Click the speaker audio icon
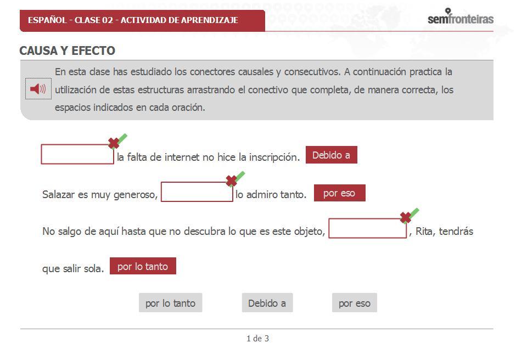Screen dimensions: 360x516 38,89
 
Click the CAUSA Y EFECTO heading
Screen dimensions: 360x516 67,51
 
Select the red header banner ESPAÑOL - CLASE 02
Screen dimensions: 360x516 142,20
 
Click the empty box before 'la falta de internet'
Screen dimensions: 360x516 77,154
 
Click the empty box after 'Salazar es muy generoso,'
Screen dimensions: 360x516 197,192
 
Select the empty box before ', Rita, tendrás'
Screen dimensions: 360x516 367,228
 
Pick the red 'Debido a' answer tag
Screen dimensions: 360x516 331,155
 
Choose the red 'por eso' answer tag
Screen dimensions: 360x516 339,193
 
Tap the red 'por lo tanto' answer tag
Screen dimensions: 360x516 143,266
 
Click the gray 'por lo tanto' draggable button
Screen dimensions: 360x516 170,303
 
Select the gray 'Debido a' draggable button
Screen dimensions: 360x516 267,303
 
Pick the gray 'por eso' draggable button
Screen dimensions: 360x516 354,303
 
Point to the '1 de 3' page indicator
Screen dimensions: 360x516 257,339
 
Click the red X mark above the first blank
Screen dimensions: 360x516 114,143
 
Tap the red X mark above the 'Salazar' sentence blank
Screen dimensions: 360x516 232,180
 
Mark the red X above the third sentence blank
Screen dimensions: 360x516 406,217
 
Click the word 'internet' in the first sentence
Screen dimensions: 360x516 182,157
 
